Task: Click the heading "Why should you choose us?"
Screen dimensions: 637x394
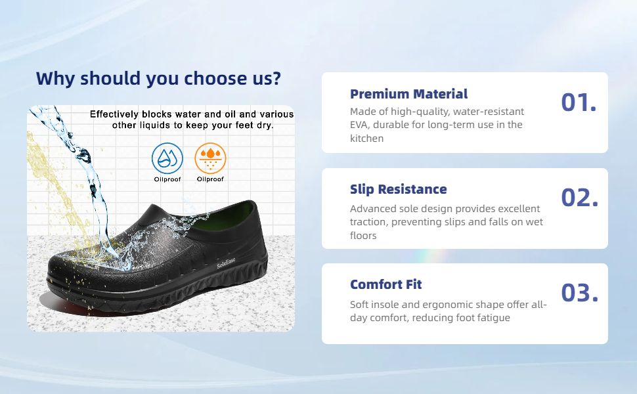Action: (158, 78)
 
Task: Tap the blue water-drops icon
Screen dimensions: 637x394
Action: (167, 158)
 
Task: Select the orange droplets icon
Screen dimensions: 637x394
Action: (210, 158)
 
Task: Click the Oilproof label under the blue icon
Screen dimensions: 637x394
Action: (167, 179)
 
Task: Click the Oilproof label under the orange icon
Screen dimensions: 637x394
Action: (210, 179)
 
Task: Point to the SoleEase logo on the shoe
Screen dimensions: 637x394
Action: (226, 263)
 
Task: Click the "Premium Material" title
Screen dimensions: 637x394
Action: (408, 94)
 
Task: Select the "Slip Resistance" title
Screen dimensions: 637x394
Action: (399, 189)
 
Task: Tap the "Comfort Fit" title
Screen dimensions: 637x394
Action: (386, 284)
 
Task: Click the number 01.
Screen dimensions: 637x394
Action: (579, 102)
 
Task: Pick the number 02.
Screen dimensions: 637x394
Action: (580, 198)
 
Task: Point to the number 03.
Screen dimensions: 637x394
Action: (580, 293)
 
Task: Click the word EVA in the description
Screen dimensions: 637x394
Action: (359, 125)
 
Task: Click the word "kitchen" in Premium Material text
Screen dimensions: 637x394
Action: (367, 138)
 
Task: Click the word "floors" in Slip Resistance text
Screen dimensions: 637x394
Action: (363, 236)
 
